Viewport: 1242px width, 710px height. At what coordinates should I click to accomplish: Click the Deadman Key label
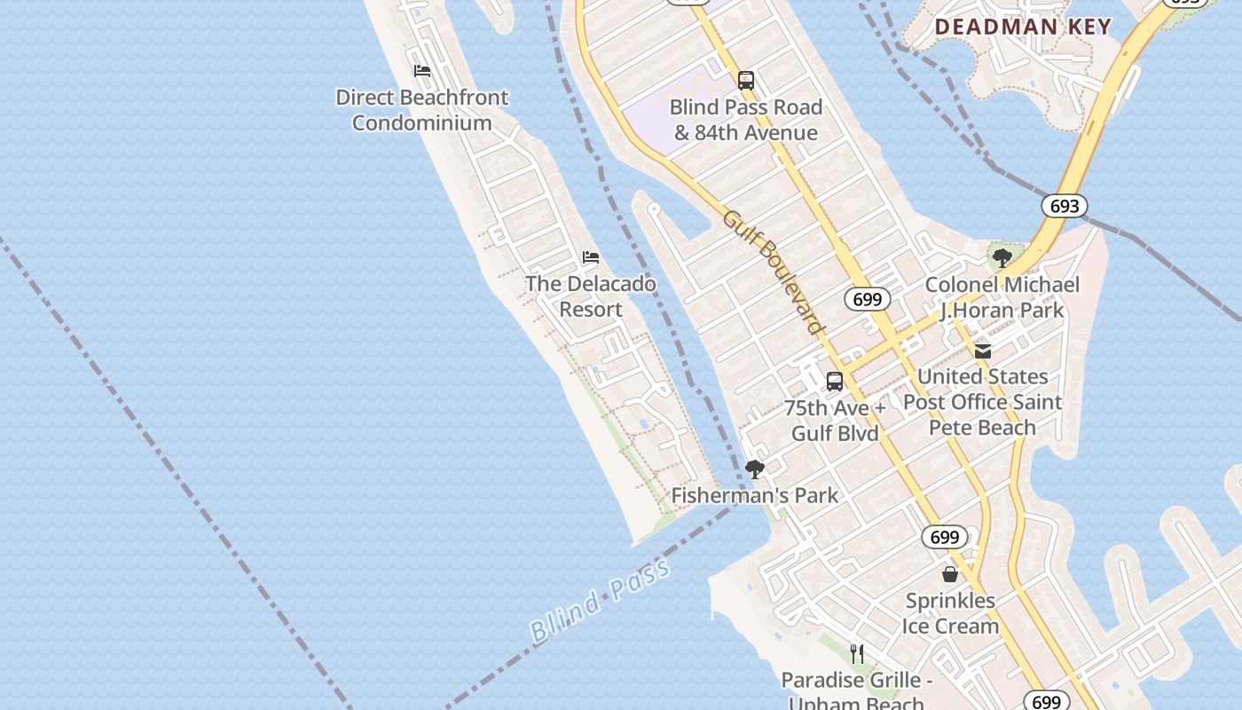click(1023, 27)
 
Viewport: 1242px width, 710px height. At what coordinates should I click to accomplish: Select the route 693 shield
click(1064, 206)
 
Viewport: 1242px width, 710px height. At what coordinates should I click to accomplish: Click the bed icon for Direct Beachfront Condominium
click(422, 71)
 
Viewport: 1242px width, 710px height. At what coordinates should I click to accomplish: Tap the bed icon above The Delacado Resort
click(591, 257)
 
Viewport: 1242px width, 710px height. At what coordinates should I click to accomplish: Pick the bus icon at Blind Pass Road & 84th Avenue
click(746, 81)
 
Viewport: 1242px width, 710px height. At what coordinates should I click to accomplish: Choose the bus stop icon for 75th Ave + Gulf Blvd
click(835, 382)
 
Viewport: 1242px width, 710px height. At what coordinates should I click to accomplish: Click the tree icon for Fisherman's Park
click(755, 469)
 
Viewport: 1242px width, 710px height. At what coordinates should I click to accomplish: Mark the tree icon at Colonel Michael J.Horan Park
click(1002, 258)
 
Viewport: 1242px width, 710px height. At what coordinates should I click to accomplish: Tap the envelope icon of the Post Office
click(983, 351)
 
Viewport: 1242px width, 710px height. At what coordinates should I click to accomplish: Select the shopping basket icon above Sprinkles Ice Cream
click(950, 574)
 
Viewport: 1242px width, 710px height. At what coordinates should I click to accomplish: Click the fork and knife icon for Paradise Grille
click(857, 654)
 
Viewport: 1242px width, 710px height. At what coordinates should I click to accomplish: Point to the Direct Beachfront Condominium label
click(422, 110)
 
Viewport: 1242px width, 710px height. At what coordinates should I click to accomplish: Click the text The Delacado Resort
click(591, 296)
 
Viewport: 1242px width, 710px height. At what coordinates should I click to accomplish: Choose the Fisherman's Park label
click(755, 495)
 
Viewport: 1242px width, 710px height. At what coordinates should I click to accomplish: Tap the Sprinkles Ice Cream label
click(950, 613)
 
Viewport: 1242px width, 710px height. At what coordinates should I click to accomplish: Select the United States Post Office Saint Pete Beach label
click(983, 402)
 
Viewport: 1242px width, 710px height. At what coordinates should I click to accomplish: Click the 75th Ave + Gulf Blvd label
click(835, 421)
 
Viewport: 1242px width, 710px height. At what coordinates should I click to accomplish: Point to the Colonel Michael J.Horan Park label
click(1002, 297)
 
